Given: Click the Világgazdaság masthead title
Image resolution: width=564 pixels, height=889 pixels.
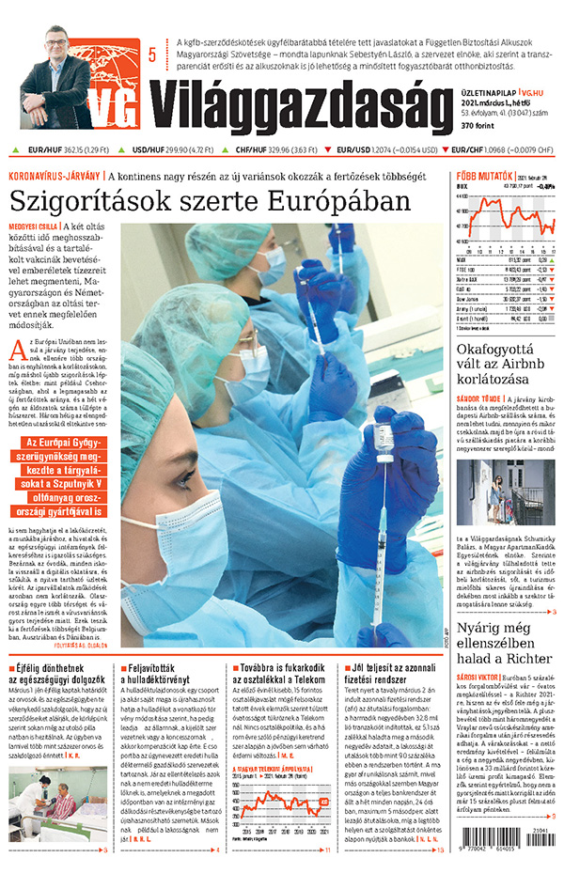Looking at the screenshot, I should tap(291, 102).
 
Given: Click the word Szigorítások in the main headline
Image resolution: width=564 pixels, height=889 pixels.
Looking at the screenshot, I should tap(98, 201).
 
